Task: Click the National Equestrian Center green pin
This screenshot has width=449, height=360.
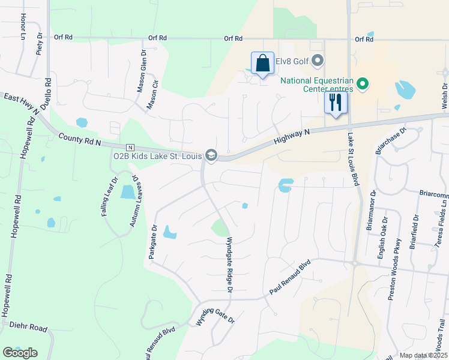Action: click(363, 84)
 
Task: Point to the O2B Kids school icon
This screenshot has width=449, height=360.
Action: click(211, 155)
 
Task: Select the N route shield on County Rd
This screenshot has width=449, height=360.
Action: click(129, 147)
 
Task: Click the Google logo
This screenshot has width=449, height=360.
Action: click(20, 353)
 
